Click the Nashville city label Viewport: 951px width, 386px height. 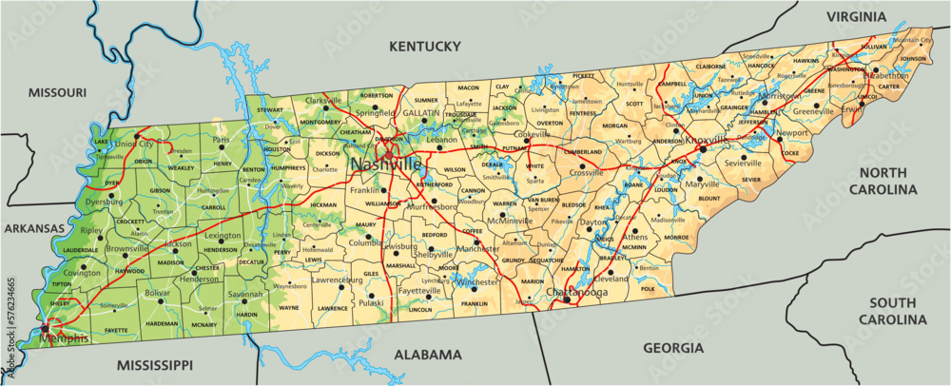point(386,164)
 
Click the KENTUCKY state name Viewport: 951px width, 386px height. point(425,46)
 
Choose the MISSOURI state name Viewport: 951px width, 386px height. point(57,92)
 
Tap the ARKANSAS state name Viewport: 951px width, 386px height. point(33,229)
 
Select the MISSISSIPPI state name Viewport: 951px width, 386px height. point(155,365)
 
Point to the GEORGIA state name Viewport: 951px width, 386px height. point(673,348)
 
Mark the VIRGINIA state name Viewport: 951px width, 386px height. point(856,16)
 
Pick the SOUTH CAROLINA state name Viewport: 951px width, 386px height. point(892,311)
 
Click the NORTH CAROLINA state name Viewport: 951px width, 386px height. point(890,181)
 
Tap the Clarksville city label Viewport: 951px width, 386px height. point(322,100)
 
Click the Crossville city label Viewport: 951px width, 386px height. point(587,172)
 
